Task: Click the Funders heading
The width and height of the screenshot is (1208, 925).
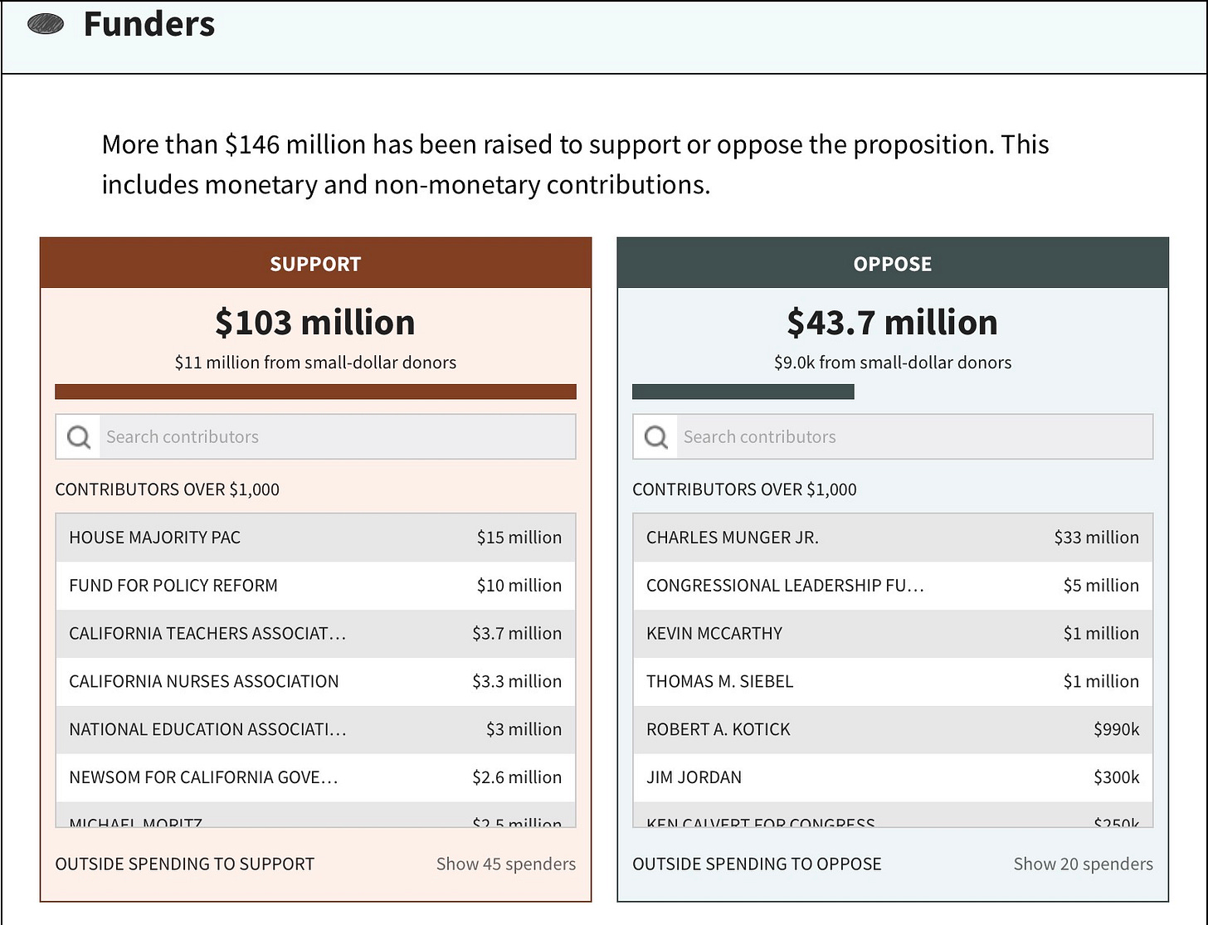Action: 149,25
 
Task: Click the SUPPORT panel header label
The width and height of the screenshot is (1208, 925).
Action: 315,264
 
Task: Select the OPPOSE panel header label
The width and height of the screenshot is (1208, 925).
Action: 893,264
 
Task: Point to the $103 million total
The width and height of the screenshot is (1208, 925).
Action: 315,322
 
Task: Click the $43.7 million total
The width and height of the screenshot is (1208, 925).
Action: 893,322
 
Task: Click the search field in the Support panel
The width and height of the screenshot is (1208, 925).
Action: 337,436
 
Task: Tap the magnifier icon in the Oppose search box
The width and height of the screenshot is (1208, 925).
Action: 656,436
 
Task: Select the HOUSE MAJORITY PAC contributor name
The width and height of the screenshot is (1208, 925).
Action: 155,538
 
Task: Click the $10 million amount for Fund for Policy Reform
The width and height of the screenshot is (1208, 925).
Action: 519,586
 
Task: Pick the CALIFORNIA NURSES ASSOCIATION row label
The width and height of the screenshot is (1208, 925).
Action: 204,681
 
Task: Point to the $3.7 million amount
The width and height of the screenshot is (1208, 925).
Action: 517,634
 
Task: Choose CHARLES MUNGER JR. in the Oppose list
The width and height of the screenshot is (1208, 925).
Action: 733,538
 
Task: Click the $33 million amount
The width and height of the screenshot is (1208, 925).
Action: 1096,538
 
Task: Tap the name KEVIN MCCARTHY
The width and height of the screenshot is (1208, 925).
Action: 714,634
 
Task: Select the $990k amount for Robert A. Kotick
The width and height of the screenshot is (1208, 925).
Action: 1116,729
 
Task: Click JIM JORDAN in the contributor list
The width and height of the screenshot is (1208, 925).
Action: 694,777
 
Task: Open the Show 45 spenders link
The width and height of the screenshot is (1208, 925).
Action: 506,864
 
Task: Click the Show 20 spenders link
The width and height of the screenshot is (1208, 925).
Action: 1083,864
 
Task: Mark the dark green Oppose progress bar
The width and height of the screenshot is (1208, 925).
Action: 743,392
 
